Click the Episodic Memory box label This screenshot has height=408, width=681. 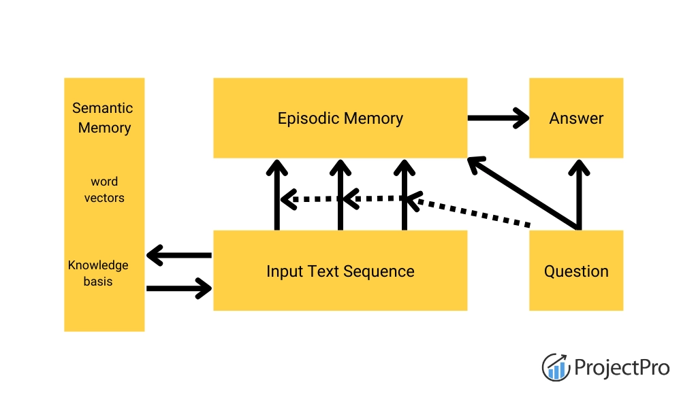[x=340, y=118]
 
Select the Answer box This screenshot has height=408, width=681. [x=576, y=118]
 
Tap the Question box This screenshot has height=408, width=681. [x=576, y=271]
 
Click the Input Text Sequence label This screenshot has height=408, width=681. [x=340, y=271]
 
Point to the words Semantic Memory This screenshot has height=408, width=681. [x=104, y=118]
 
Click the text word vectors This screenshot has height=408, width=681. [x=104, y=190]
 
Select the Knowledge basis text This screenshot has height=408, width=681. [x=98, y=273]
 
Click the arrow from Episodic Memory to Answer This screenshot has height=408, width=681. [x=498, y=118]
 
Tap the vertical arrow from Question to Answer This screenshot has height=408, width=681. [x=579, y=194]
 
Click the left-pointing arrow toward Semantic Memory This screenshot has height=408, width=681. [x=179, y=256]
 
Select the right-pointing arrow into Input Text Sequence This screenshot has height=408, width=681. [x=179, y=288]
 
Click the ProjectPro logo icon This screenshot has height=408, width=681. [x=556, y=367]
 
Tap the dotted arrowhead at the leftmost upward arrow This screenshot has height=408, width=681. [x=288, y=199]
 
